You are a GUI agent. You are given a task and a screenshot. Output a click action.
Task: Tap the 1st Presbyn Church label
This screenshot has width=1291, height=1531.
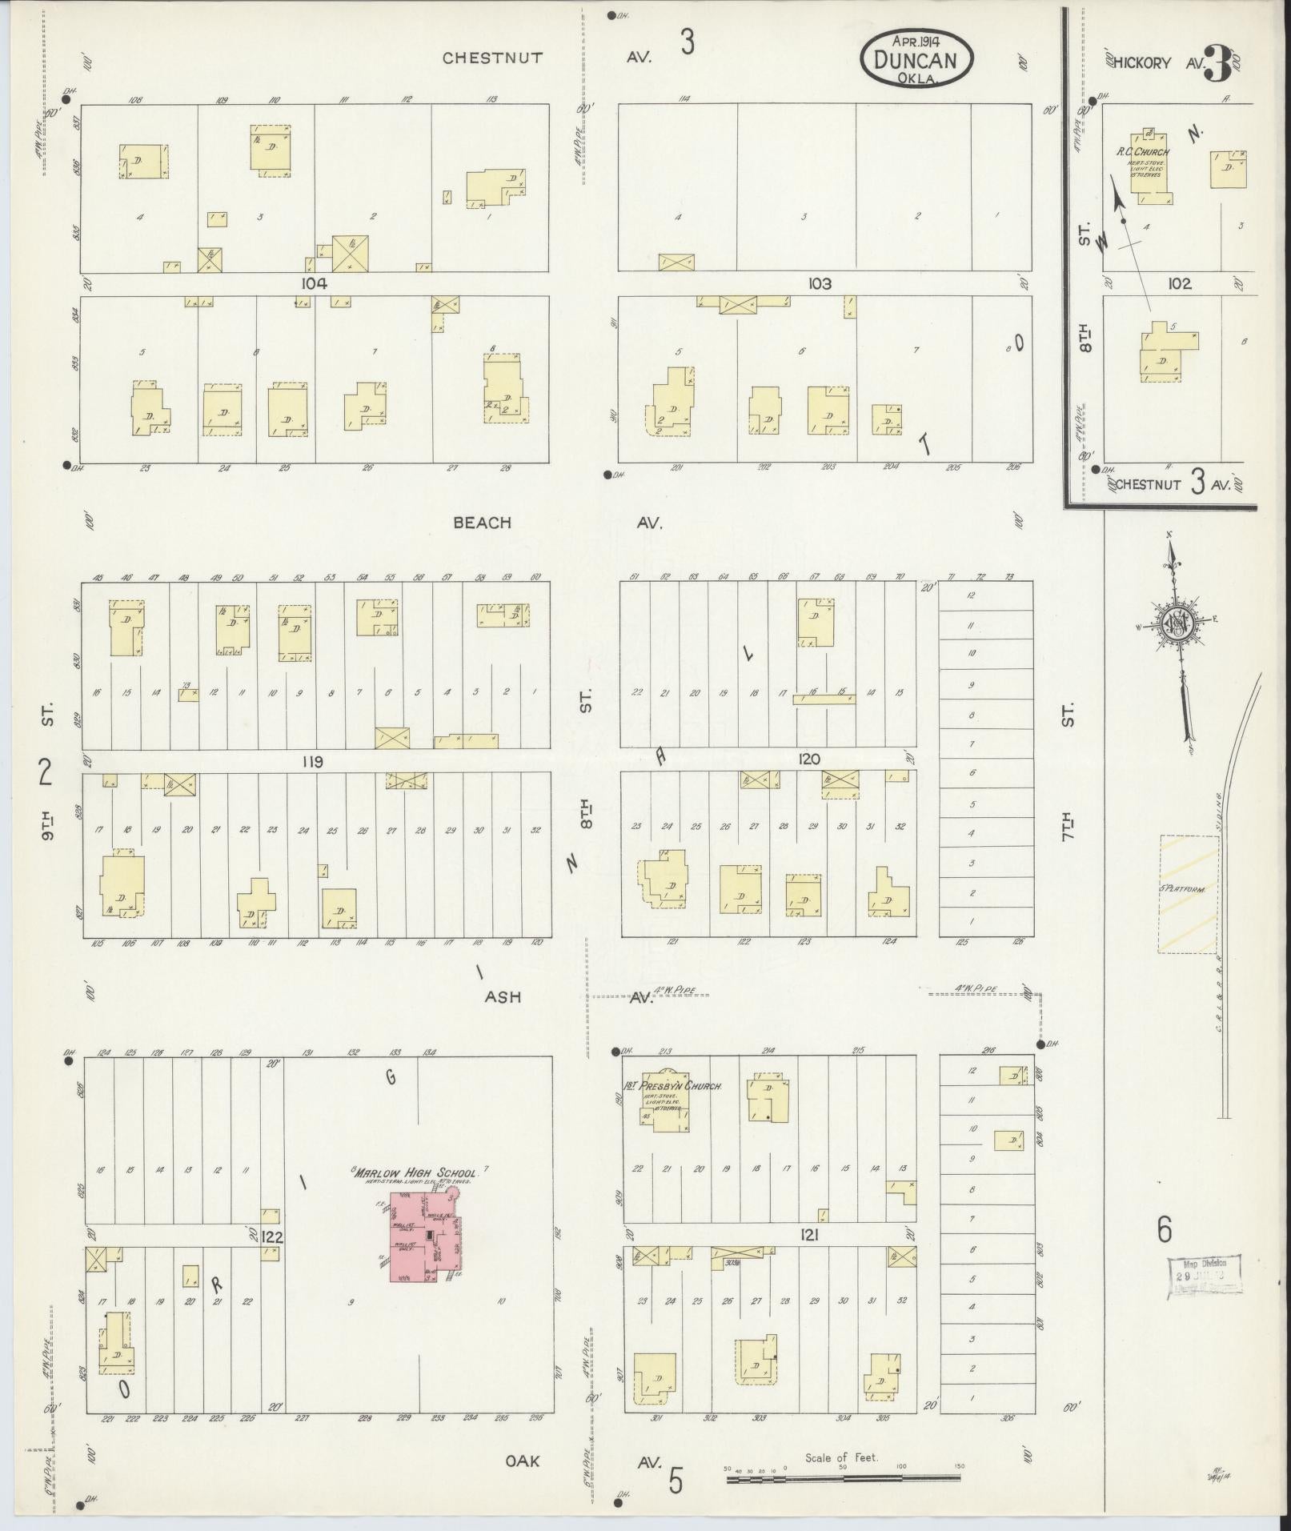pyautogui.click(x=673, y=1087)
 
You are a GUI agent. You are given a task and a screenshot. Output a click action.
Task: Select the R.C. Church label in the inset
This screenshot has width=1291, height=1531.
pyautogui.click(x=1142, y=152)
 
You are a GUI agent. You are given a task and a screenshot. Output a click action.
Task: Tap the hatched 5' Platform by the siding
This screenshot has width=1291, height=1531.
pyautogui.click(x=1187, y=894)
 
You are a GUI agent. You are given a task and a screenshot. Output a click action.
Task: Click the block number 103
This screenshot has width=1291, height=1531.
pyautogui.click(x=820, y=283)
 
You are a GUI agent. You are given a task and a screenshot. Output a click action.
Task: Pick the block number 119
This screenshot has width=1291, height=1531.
pyautogui.click(x=311, y=763)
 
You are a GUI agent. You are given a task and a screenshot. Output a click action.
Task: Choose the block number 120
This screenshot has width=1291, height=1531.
pyautogui.click(x=808, y=758)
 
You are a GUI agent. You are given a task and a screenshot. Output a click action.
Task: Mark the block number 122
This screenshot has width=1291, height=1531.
pyautogui.click(x=272, y=1236)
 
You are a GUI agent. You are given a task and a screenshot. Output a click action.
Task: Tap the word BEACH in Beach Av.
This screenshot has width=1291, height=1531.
pyautogui.click(x=482, y=523)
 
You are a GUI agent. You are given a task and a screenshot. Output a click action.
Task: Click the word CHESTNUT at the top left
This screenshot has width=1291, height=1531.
pyautogui.click(x=492, y=58)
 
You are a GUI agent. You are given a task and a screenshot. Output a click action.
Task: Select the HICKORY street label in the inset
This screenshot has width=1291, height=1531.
pyautogui.click(x=1142, y=63)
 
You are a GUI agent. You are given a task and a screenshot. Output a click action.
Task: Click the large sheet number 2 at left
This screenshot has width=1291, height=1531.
pyautogui.click(x=46, y=773)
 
